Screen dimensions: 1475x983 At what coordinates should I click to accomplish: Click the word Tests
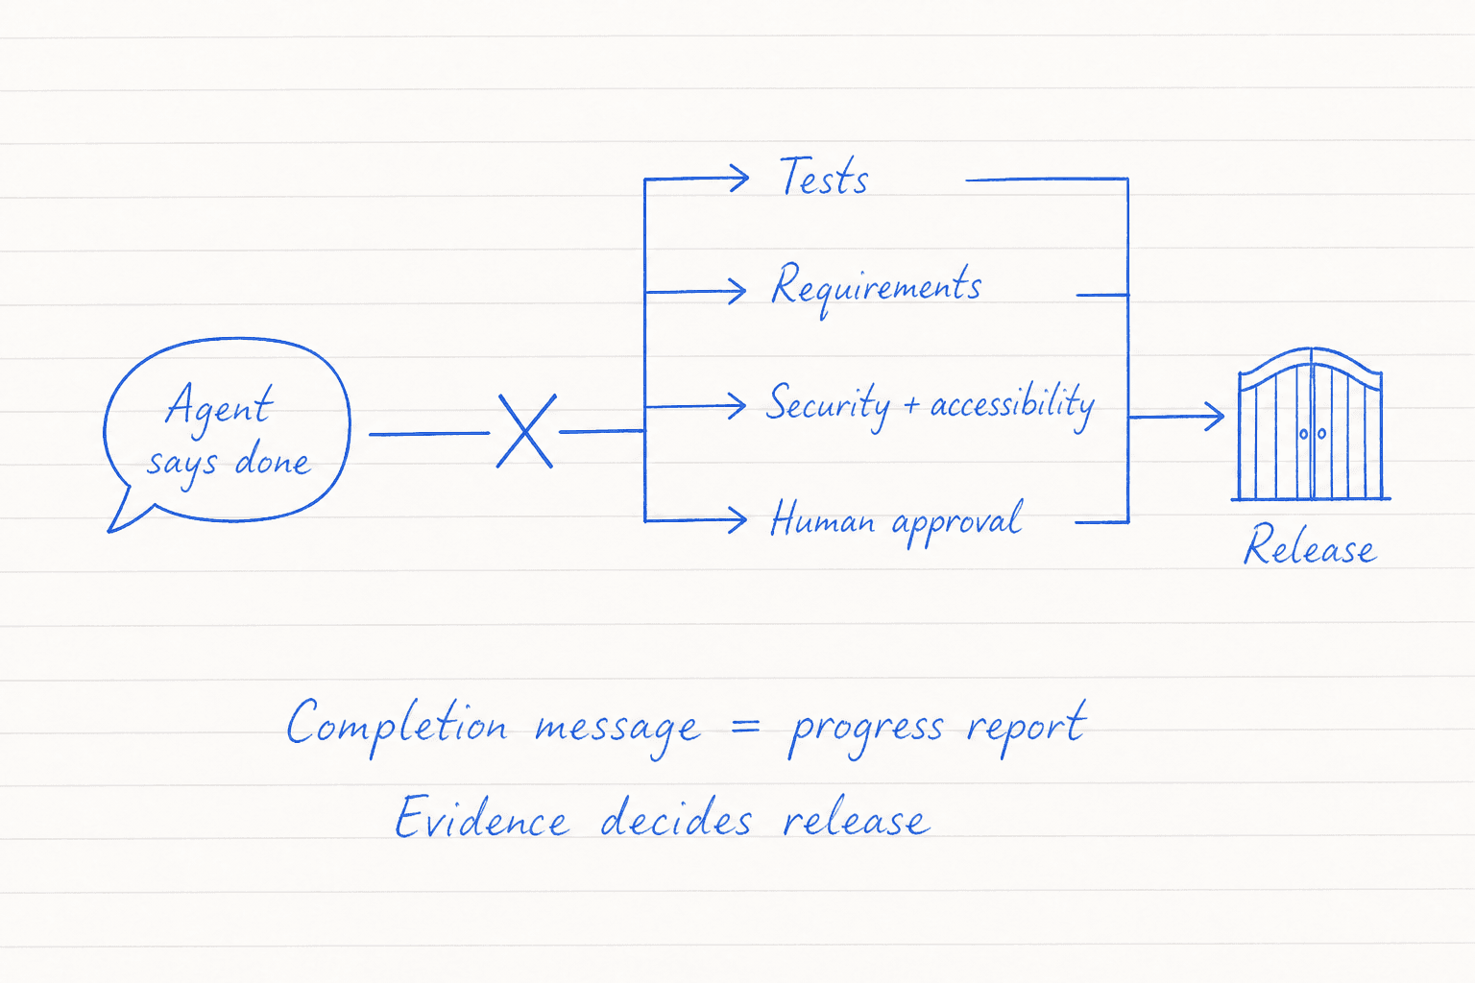click(x=824, y=176)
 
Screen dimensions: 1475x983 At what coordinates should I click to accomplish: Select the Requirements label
click(x=876, y=289)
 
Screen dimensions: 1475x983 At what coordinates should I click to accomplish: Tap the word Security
click(x=828, y=405)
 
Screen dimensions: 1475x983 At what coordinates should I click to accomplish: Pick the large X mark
click(x=526, y=431)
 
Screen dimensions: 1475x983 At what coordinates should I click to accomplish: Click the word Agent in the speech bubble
click(x=219, y=407)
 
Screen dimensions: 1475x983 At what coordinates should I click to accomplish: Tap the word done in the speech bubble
click(x=272, y=460)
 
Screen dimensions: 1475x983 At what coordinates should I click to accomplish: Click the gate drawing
click(x=1311, y=424)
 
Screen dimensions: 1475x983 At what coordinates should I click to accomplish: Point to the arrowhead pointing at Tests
click(x=739, y=178)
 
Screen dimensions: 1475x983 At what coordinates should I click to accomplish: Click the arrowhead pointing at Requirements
click(x=737, y=291)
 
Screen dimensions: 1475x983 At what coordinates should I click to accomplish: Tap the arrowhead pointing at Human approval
click(x=737, y=520)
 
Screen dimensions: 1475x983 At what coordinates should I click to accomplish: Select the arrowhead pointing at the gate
click(x=1214, y=417)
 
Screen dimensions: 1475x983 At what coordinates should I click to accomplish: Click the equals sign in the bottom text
click(x=745, y=728)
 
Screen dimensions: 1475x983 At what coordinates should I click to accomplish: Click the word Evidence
click(x=481, y=816)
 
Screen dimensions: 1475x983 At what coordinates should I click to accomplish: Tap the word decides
click(x=676, y=816)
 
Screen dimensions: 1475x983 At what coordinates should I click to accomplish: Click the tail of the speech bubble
click(x=125, y=514)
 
